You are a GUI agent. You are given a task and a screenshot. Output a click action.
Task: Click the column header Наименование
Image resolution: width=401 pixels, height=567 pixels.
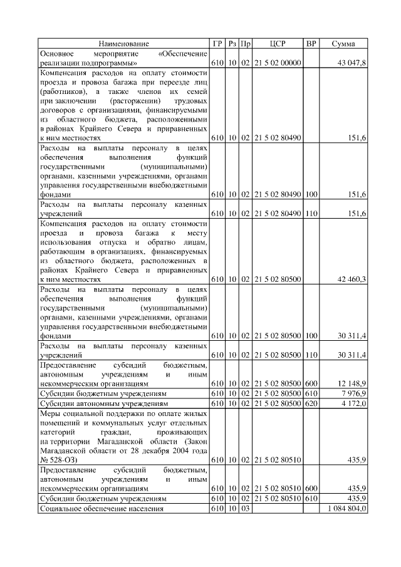click(123, 44)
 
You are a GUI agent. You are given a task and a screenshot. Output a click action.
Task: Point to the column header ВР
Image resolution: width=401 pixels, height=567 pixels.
click(311, 44)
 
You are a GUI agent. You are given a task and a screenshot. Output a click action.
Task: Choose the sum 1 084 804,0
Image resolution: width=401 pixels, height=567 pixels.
click(347, 509)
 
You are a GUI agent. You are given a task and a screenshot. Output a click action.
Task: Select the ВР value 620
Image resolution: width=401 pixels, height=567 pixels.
click(311, 404)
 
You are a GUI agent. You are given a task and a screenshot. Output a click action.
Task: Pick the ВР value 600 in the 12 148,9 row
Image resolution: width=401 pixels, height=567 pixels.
click(311, 383)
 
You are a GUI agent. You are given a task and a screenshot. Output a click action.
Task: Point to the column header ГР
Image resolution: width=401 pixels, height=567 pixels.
click(217, 44)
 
